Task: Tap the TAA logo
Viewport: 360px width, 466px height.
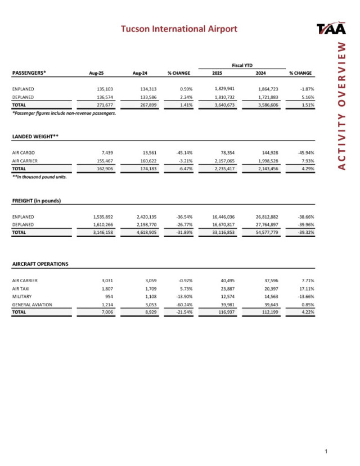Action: click(x=332, y=29)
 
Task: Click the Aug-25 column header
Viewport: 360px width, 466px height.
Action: click(x=98, y=73)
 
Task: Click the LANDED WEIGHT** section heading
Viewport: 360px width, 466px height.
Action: click(x=35, y=137)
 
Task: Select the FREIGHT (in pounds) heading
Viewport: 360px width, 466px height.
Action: click(x=37, y=201)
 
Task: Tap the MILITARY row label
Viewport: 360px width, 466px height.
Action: click(x=22, y=296)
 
